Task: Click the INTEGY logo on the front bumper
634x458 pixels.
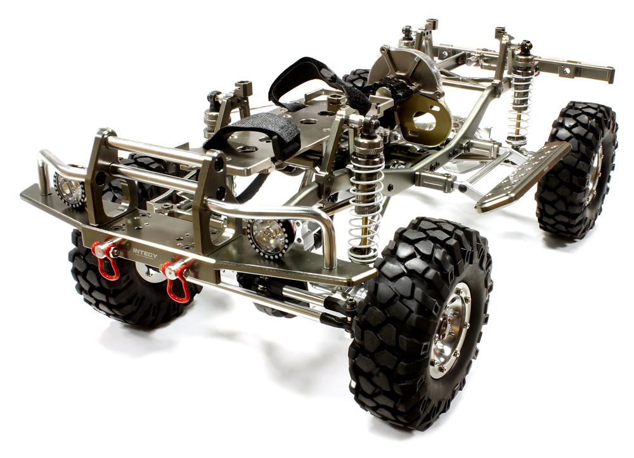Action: [x=145, y=254]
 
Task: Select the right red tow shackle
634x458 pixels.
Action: [x=177, y=279]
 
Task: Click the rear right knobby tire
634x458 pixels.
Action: [x=576, y=169]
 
